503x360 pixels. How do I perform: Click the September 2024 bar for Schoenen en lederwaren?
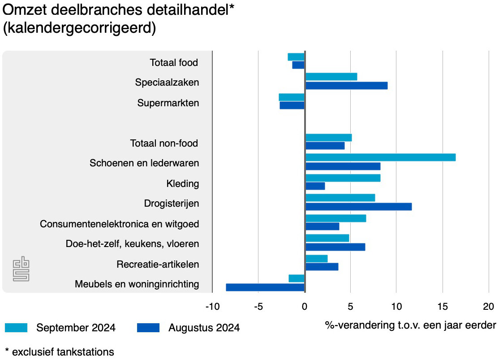click(380, 157)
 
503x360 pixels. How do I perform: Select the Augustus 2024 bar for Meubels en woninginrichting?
click(265, 287)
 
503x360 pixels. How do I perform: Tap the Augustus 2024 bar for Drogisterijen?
click(358, 207)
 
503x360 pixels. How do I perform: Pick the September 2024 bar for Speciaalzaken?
click(331, 77)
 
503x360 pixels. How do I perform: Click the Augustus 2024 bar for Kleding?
click(315, 186)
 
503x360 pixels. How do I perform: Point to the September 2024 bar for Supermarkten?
click(292, 97)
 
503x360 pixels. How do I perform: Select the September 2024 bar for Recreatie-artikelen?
click(316, 259)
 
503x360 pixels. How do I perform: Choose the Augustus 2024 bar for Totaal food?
click(298, 65)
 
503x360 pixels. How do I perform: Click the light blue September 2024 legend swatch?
click(16, 328)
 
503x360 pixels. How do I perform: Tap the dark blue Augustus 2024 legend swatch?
click(148, 328)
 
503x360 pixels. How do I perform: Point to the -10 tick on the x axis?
click(212, 307)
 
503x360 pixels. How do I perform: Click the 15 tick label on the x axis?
click(443, 307)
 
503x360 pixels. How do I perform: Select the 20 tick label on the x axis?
click(488, 307)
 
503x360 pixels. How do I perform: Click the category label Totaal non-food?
click(164, 143)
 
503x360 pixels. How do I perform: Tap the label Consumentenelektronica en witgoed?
click(119, 224)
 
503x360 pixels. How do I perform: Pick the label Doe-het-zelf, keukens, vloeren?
click(132, 244)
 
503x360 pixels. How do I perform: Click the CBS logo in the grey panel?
click(21, 269)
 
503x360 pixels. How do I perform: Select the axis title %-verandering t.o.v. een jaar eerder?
click(410, 325)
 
